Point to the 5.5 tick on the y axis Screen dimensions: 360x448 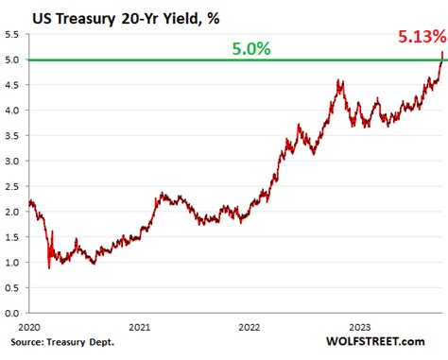(13, 35)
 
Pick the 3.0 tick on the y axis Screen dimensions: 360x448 (13, 161)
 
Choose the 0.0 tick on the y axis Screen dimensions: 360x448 (13, 312)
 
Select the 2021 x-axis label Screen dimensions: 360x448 (139, 327)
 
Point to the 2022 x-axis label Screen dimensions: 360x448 (252, 327)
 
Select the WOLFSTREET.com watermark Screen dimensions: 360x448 (378, 340)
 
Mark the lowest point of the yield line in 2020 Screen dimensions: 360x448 (48, 267)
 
